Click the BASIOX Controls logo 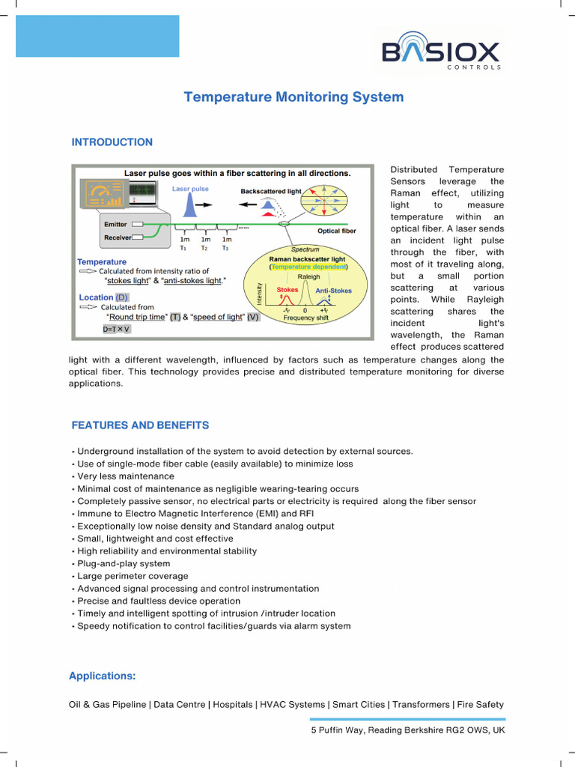tap(441, 55)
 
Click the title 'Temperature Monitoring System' tap(293, 97)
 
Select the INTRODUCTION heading tap(112, 142)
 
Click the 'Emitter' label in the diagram tap(115, 224)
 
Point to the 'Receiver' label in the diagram tap(118, 237)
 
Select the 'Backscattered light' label tap(270, 192)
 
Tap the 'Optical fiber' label tap(337, 231)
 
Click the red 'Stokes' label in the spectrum tap(287, 289)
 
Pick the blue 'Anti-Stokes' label tap(333, 291)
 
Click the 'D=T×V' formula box tap(117, 329)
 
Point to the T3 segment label tap(225, 248)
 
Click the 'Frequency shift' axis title tap(305, 318)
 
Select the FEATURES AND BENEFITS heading tap(140, 425)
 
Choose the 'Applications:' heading tap(102, 676)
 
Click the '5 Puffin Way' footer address tap(408, 730)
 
